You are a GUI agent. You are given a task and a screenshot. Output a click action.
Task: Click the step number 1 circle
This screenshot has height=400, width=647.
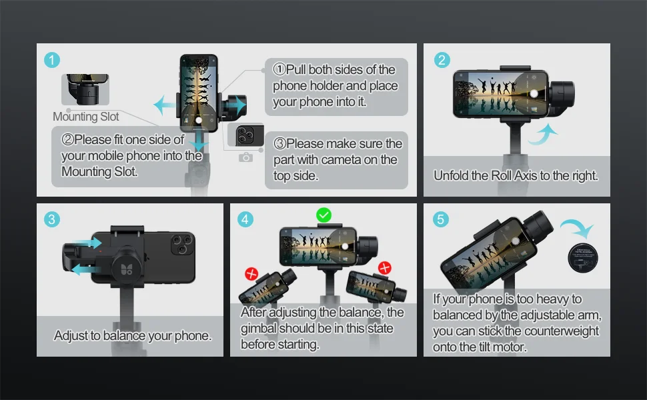(x=52, y=60)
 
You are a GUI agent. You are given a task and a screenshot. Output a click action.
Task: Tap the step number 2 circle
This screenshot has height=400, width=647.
(x=442, y=60)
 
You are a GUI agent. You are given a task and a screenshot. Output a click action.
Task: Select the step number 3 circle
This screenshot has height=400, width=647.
(x=52, y=219)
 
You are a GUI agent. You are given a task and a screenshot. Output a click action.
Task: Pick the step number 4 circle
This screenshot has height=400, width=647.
(x=245, y=219)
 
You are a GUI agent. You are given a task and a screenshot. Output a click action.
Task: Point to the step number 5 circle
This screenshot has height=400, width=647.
(x=441, y=219)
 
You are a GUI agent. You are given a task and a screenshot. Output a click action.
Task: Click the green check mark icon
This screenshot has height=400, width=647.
(x=324, y=215)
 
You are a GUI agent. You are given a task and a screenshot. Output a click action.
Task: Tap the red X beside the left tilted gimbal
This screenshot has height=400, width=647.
(x=251, y=273)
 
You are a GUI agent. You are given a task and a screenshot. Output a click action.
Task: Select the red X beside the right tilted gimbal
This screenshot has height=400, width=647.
(x=385, y=267)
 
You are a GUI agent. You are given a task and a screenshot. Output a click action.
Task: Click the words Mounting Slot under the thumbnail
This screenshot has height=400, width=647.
(x=86, y=117)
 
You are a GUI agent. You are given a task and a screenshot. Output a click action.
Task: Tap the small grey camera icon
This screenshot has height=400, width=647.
(x=245, y=157)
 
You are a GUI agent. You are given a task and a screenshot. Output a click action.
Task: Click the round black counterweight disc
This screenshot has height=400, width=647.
(x=582, y=258)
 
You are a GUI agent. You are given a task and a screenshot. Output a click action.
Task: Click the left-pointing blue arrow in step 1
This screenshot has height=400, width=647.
(x=164, y=105)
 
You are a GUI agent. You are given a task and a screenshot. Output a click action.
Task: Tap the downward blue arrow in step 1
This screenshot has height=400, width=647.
(x=199, y=141)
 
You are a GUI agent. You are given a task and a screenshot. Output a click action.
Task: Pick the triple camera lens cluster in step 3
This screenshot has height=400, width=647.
(x=182, y=245)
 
